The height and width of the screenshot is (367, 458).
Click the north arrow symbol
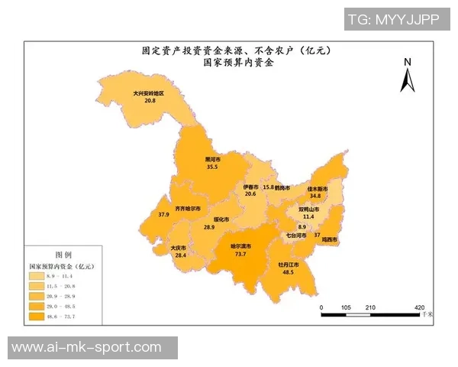pos(408,76)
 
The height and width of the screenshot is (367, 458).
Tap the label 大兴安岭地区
pos(149,93)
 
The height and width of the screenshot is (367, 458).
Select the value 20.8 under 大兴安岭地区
pos(149,100)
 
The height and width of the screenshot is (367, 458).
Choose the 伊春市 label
pos(250,187)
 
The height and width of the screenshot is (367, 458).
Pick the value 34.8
pos(315,196)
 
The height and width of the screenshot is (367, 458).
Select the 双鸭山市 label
pos(308,208)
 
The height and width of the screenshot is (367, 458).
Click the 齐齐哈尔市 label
pos(188,208)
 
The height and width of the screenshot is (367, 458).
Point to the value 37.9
pos(163,215)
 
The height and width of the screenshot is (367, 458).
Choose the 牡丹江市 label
pos(288,264)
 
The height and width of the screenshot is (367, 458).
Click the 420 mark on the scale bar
pos(419,307)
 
